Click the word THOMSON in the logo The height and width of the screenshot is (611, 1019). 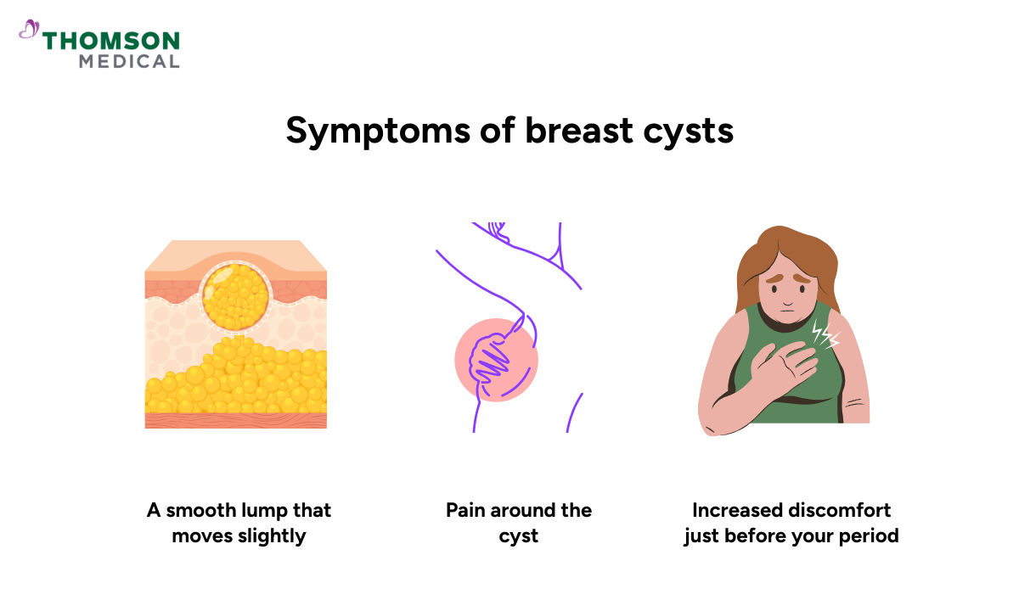coord(111,41)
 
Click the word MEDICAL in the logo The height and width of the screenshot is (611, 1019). coord(129,61)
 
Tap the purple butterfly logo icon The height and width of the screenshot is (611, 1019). coord(29,31)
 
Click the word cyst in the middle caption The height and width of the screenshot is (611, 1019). coord(519,536)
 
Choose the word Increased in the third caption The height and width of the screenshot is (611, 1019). coord(735,511)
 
